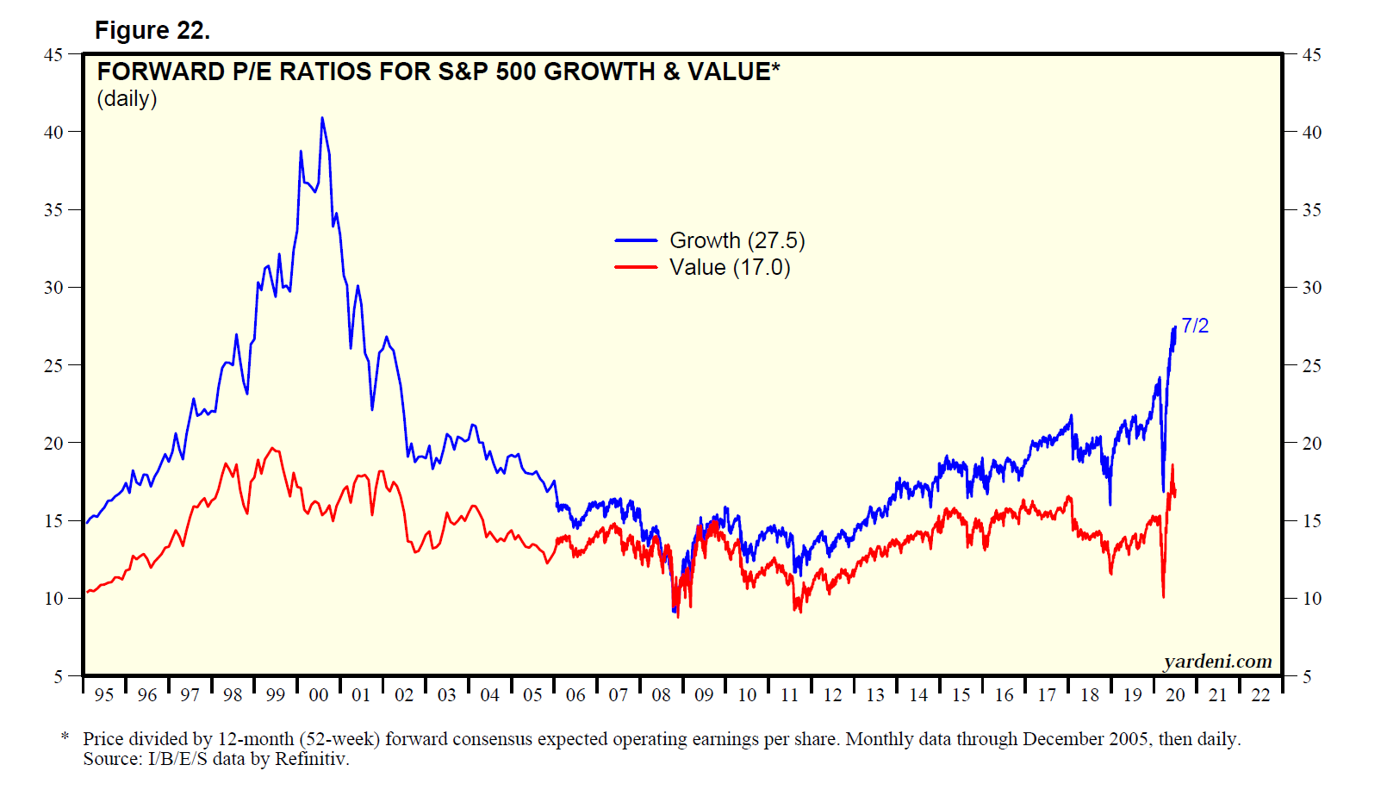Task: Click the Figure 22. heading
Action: click(152, 30)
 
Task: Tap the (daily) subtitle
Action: click(127, 99)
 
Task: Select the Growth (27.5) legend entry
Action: click(737, 240)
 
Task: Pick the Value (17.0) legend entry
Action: click(729, 267)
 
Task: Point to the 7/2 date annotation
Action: click(1195, 326)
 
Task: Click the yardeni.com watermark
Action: click(1217, 661)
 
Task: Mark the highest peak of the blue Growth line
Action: click(322, 118)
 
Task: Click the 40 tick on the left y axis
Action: click(53, 132)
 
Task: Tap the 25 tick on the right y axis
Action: click(1311, 366)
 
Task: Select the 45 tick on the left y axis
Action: click(53, 54)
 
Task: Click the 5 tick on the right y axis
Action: click(1307, 677)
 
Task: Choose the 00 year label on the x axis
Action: click(319, 695)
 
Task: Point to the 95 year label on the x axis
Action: click(104, 695)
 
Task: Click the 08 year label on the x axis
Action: click(661, 695)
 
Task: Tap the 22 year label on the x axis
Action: click(1260, 695)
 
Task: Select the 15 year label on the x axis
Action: click(961, 695)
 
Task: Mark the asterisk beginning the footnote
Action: click(65, 737)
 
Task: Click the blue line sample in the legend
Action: click(636, 240)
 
